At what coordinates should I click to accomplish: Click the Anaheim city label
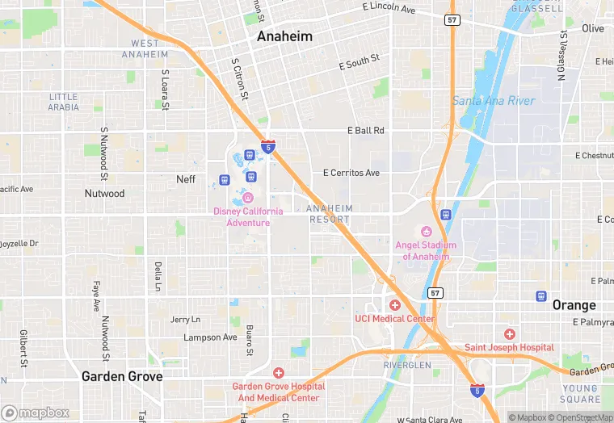click(x=284, y=37)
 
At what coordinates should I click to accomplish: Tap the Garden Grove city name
click(x=122, y=376)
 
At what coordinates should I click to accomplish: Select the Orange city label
click(x=574, y=305)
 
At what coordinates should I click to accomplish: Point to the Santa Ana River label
click(x=493, y=101)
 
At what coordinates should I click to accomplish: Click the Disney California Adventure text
click(x=248, y=216)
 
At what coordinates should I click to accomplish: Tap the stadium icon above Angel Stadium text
click(x=427, y=232)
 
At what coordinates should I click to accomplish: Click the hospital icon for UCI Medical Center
click(x=395, y=304)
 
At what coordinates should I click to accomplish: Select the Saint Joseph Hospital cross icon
click(x=509, y=333)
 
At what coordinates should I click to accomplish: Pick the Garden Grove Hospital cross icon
click(x=279, y=372)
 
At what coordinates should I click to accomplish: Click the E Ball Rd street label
click(x=365, y=130)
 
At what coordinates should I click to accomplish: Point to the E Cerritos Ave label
click(x=351, y=173)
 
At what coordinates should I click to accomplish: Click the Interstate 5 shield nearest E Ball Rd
click(x=267, y=147)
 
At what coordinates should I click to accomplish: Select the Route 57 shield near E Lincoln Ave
click(x=453, y=19)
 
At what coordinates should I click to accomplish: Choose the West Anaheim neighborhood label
click(x=145, y=48)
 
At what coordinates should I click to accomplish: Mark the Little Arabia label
click(x=63, y=102)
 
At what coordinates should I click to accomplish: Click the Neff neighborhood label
click(x=186, y=179)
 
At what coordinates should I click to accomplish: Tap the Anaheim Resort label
click(x=329, y=214)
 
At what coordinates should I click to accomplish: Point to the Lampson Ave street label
click(x=210, y=337)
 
